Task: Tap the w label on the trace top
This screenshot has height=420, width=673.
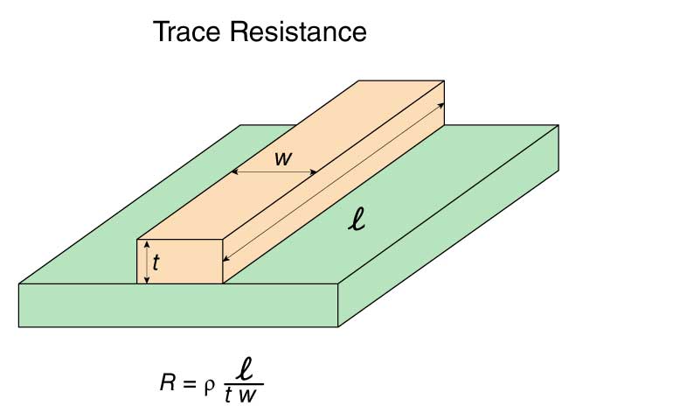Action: [282, 158]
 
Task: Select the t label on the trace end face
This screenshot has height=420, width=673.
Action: [156, 262]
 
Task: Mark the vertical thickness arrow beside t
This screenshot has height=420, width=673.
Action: [148, 262]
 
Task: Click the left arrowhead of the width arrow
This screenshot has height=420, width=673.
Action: [236, 172]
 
